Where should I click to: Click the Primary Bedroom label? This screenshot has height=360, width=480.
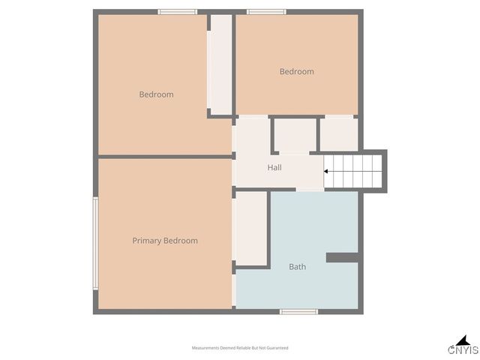pyautogui.click(x=165, y=241)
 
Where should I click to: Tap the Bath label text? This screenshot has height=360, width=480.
pyautogui.click(x=298, y=266)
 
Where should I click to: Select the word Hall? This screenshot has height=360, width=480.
pyautogui.click(x=274, y=167)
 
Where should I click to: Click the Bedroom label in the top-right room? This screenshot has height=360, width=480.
pyautogui.click(x=297, y=72)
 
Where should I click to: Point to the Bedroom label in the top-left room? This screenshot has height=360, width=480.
pyautogui.click(x=156, y=94)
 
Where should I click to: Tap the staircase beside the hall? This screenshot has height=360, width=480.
pyautogui.click(x=354, y=172)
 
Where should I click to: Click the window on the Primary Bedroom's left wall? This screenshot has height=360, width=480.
pyautogui.click(x=95, y=242)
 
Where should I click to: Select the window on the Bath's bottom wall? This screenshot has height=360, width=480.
pyautogui.click(x=298, y=311)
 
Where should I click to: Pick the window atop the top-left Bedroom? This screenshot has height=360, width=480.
pyautogui.click(x=178, y=12)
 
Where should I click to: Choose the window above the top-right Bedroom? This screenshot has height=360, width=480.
pyautogui.click(x=266, y=12)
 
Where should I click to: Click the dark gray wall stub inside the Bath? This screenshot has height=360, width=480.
pyautogui.click(x=343, y=257)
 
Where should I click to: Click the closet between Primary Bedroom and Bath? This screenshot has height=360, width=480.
pyautogui.click(x=252, y=228)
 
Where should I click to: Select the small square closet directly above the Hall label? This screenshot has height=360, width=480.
pyautogui.click(x=295, y=135)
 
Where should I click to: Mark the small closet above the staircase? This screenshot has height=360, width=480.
pyautogui.click(x=339, y=133)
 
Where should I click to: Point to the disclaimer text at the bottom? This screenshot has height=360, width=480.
pyautogui.click(x=240, y=348)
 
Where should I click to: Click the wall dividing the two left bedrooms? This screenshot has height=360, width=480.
pyautogui.click(x=165, y=156)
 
